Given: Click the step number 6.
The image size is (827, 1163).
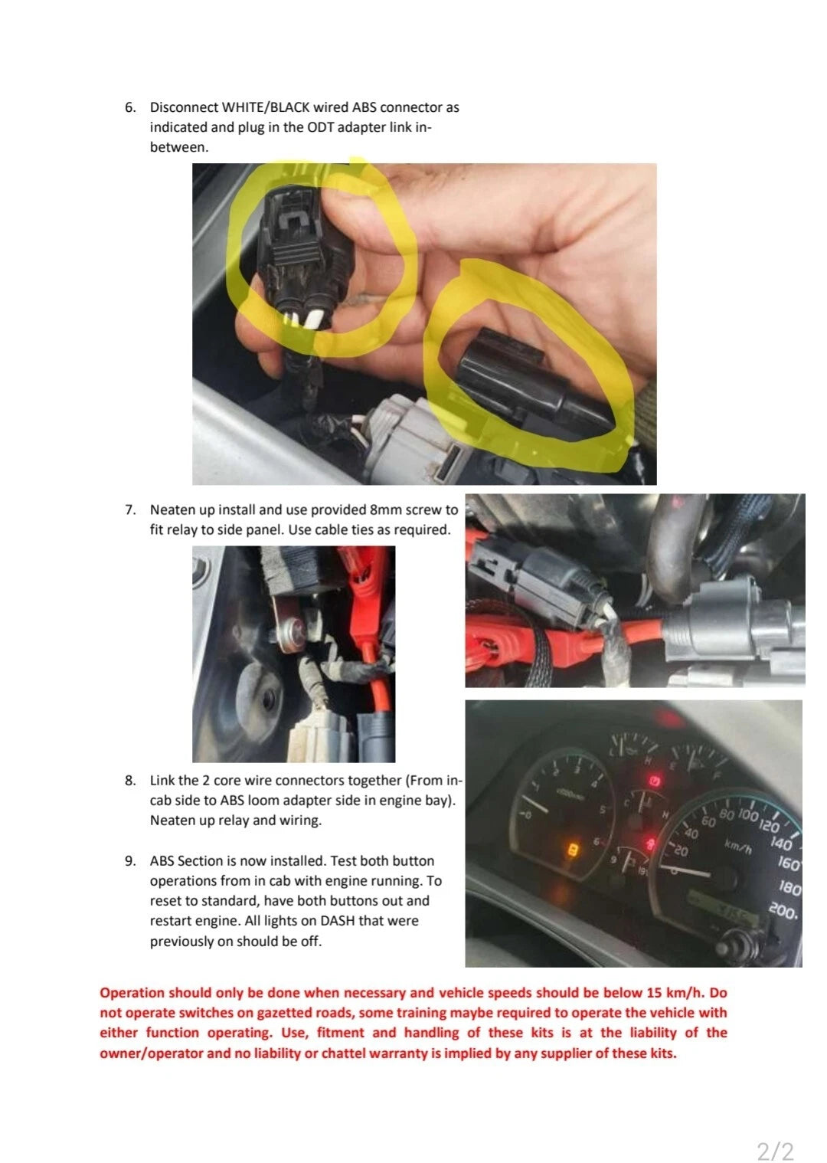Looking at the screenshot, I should [x=130, y=108].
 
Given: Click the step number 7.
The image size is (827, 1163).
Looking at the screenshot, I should [x=130, y=510].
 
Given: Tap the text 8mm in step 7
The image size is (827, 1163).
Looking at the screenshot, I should [x=385, y=510].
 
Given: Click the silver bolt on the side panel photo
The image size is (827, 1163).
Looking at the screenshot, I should [x=290, y=630].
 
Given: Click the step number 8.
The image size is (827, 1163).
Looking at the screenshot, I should [x=130, y=781].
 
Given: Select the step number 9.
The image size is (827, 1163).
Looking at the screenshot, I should [x=130, y=861].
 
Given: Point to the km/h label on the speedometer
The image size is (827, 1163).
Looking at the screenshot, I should [x=738, y=847].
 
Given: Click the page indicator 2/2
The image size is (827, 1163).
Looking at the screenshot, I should [x=775, y=1151].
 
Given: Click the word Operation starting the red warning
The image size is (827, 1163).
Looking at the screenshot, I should [x=132, y=993].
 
